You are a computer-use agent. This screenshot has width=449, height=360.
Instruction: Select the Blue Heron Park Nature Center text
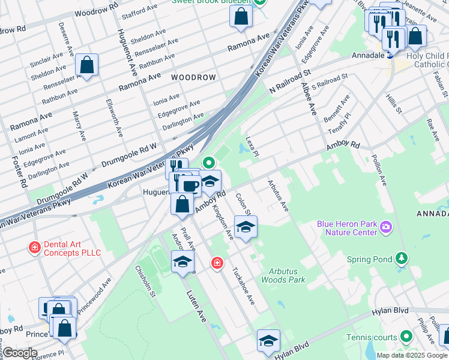(x=347, y=229)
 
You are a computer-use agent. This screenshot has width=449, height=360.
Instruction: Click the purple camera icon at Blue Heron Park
(x=385, y=227)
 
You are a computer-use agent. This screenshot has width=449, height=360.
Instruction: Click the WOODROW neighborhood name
(x=193, y=78)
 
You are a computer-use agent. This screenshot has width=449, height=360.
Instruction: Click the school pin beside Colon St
(x=246, y=227)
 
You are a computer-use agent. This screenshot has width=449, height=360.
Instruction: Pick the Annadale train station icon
(x=390, y=55)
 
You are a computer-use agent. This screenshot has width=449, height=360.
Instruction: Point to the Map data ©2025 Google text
(x=412, y=355)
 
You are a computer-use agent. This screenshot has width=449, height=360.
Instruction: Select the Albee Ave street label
(x=311, y=100)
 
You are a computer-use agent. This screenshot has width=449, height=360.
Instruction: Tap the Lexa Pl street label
(x=252, y=147)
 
